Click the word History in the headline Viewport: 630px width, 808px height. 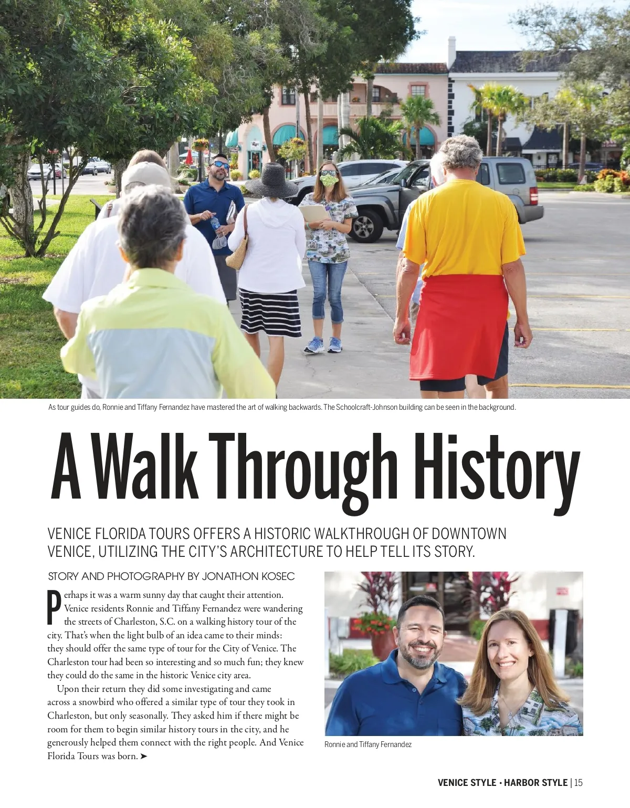[496, 468]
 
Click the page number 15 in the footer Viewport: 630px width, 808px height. [578, 783]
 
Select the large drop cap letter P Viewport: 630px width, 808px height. [54, 608]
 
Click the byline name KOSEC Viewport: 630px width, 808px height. [278, 576]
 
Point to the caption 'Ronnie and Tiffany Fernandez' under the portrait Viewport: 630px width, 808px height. [367, 744]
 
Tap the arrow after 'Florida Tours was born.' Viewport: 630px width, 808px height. [144, 757]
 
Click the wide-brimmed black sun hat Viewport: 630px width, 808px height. [271, 181]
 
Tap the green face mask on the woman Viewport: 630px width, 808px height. [329, 180]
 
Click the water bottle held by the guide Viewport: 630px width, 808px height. [216, 224]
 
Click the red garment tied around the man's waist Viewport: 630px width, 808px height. [459, 326]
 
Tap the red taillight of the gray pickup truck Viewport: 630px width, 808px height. [533, 195]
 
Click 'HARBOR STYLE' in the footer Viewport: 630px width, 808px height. [535, 783]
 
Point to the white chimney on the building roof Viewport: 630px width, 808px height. [451, 51]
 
